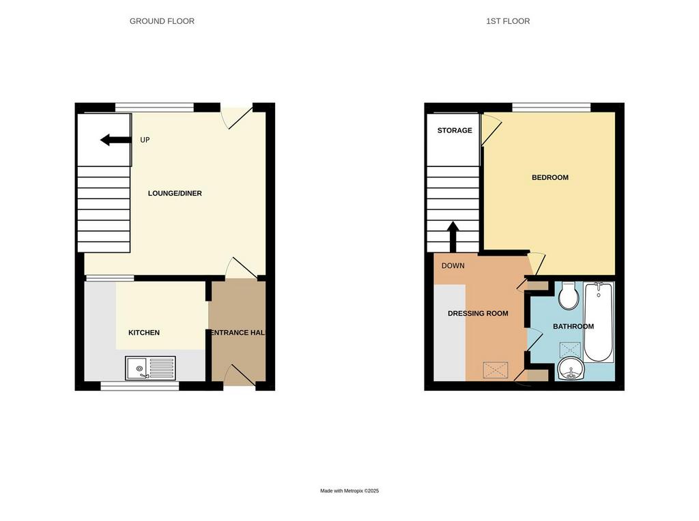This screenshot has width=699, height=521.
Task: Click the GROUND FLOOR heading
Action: (x=162, y=21)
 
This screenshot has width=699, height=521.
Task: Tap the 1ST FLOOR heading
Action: (x=508, y=21)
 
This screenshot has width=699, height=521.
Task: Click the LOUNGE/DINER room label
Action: (x=175, y=193)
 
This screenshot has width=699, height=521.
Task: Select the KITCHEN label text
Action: (x=144, y=333)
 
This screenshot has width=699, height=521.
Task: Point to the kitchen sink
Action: (x=150, y=368)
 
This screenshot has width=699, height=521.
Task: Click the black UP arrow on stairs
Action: (x=115, y=140)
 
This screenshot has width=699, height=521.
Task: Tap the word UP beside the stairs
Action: (x=145, y=140)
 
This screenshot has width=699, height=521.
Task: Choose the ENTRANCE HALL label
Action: (x=238, y=333)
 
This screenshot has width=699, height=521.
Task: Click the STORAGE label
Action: (x=455, y=130)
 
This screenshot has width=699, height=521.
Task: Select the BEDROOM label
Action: (x=550, y=178)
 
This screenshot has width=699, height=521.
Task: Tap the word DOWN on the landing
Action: (x=453, y=266)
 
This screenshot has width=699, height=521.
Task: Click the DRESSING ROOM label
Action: (x=478, y=314)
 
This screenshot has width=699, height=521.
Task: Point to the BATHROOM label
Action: (x=573, y=327)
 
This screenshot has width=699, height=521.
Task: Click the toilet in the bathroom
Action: (x=569, y=296)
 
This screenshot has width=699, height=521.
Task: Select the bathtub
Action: (x=599, y=321)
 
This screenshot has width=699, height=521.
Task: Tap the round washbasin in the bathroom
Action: (x=571, y=369)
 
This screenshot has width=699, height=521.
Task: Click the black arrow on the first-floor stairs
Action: (x=453, y=237)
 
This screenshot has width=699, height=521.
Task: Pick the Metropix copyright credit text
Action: (x=349, y=491)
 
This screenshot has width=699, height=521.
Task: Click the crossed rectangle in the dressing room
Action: (x=496, y=370)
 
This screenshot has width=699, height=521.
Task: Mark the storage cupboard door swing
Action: (x=491, y=130)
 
